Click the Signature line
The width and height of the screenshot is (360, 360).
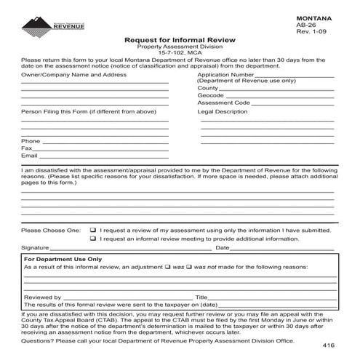[x=124, y=249]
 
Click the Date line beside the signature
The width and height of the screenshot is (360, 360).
[x=284, y=249]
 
